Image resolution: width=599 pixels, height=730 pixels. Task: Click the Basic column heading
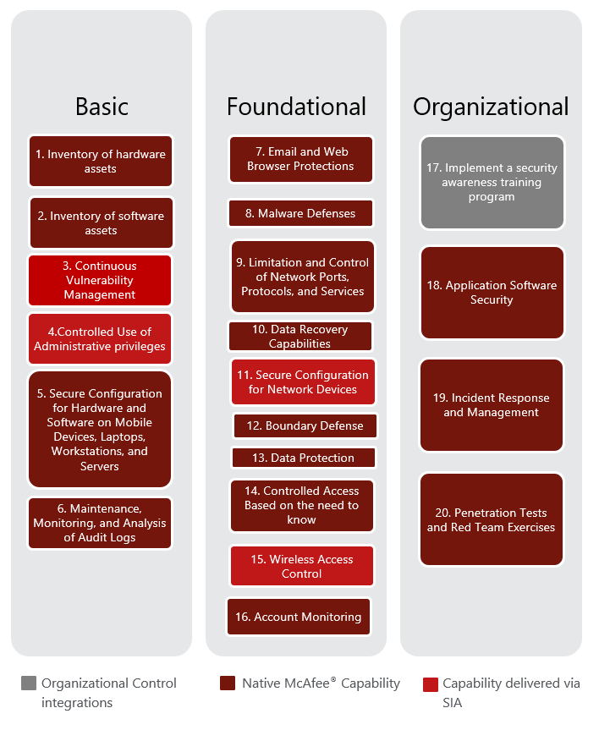click(102, 107)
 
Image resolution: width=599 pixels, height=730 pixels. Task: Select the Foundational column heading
click(296, 107)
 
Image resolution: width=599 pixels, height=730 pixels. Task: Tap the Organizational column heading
click(491, 107)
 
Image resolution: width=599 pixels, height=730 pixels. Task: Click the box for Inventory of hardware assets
click(101, 162)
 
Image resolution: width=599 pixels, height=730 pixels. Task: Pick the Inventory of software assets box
click(101, 223)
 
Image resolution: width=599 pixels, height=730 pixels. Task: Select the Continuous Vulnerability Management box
click(100, 280)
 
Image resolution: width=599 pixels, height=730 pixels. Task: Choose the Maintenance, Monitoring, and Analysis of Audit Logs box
click(100, 523)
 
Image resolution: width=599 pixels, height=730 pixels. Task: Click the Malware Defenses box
click(300, 213)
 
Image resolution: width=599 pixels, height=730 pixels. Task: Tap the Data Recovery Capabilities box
click(300, 337)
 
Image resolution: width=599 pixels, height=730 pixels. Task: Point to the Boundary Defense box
click(305, 425)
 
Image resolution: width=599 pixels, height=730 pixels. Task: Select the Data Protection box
click(303, 458)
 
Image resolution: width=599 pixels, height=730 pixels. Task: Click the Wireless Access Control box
click(302, 566)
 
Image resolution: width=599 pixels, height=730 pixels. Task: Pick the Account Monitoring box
click(298, 617)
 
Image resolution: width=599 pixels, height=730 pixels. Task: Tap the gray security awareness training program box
click(492, 183)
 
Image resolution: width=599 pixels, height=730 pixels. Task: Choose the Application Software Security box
click(492, 293)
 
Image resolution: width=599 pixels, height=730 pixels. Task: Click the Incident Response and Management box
click(492, 405)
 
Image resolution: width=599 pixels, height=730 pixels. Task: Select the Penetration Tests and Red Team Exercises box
click(492, 519)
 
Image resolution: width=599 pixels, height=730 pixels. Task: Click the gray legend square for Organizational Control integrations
click(29, 683)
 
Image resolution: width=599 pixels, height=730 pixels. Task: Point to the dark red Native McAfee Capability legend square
click(226, 683)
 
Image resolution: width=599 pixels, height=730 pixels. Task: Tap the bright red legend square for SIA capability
click(430, 683)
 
